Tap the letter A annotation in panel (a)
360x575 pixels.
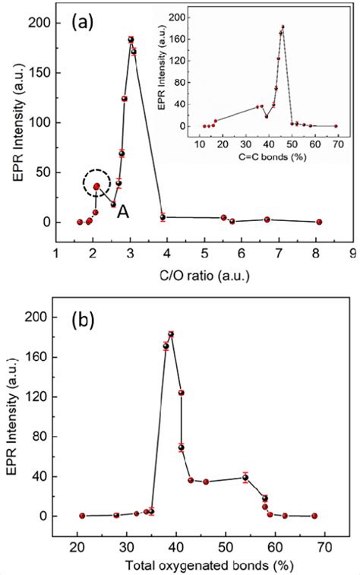coord(122,215)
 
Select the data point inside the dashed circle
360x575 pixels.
coord(96,186)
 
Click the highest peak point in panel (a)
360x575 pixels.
coord(131,39)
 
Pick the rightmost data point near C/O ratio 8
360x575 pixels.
coord(319,222)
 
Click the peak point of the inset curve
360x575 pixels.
coord(283,27)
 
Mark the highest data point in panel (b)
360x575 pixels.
coord(171,334)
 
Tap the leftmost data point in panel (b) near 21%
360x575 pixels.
coord(82,516)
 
